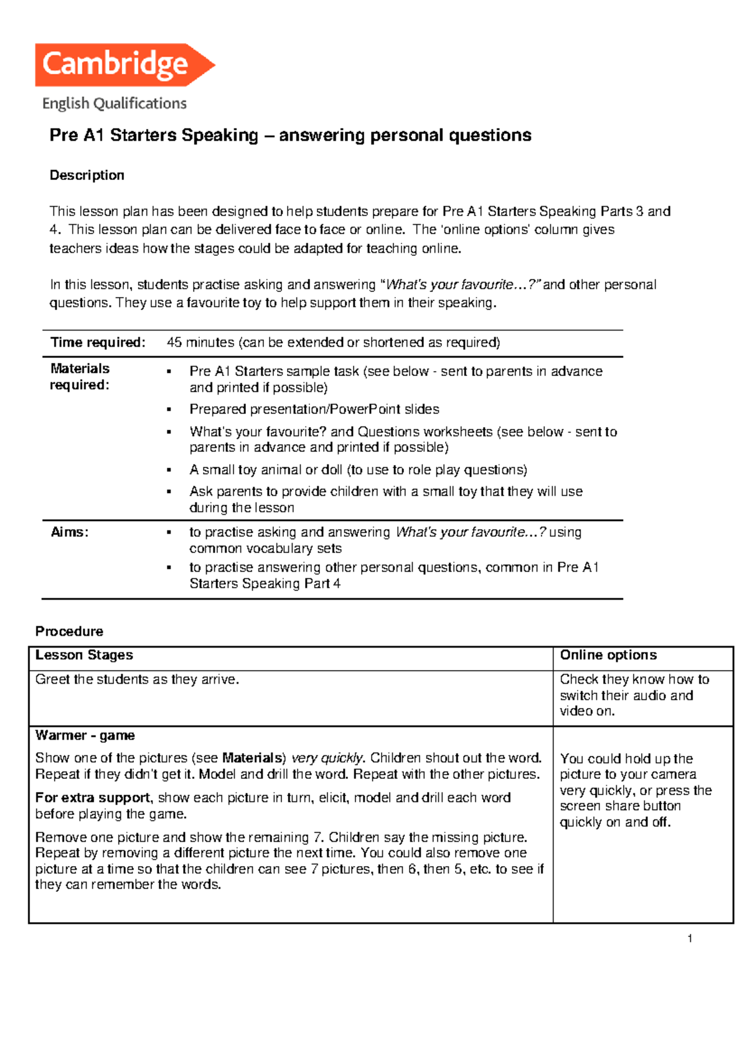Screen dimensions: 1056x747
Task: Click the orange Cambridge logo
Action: pos(125,65)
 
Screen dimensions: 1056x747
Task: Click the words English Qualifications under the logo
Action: pos(115,103)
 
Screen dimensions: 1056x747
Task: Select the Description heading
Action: pos(87,176)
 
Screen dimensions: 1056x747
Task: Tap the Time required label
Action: pos(98,342)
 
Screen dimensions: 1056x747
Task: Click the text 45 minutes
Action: pos(200,342)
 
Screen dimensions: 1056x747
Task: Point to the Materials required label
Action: pos(80,377)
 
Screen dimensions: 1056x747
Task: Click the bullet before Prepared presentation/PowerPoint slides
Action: pos(169,410)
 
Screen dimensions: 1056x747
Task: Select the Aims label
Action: pos(69,532)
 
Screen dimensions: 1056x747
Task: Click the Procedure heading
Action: pos(69,631)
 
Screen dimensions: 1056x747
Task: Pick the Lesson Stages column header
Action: pos(84,655)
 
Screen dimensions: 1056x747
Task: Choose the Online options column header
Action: pos(608,655)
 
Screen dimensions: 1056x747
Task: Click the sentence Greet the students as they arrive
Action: pos(137,679)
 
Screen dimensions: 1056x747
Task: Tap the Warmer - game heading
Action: pos(85,735)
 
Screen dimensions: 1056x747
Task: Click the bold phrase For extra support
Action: pos(93,798)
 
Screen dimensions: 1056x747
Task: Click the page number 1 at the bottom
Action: pos(690,938)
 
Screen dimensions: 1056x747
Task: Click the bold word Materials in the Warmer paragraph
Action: pos(252,758)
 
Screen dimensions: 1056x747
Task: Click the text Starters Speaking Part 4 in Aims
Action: pos(265,583)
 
